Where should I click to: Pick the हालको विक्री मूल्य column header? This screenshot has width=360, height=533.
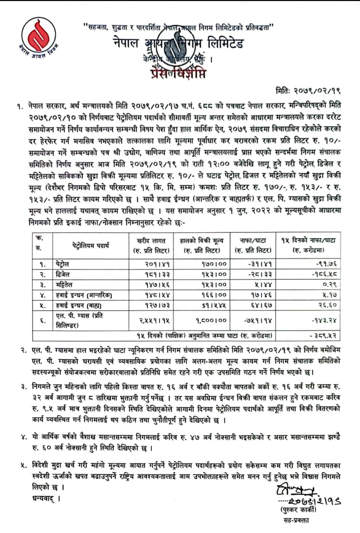point(202,245)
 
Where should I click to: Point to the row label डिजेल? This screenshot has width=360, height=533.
point(63,275)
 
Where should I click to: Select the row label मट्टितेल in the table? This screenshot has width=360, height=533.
point(64,285)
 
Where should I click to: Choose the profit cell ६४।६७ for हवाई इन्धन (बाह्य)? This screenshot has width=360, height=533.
point(260,305)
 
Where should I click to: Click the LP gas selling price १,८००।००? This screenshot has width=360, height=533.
point(211,320)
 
